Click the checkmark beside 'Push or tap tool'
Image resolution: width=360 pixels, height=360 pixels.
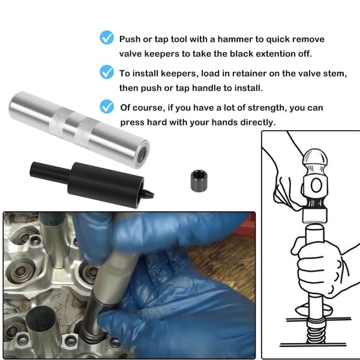(107, 37)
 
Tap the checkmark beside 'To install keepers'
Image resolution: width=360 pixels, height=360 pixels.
(107, 72)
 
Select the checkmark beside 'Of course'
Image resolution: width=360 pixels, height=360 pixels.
(107, 106)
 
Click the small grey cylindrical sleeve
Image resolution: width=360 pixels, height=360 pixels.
(199, 181)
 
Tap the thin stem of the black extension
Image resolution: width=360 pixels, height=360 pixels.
(49, 170)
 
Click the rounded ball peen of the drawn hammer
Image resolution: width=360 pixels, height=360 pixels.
(315, 158)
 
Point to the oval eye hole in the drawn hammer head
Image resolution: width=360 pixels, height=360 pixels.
(316, 185)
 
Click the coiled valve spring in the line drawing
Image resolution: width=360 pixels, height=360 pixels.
(316, 329)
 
